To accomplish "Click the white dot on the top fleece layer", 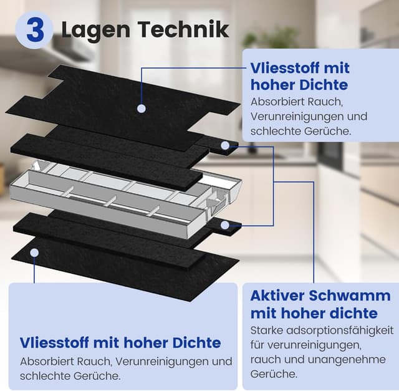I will click(x=142, y=109).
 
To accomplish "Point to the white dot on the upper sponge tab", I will click(x=224, y=145).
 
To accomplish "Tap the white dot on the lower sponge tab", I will click(x=224, y=223).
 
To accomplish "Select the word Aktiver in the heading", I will click(x=280, y=295).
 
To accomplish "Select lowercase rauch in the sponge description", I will click(x=265, y=360).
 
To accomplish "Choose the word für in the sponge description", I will click(x=257, y=345).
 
